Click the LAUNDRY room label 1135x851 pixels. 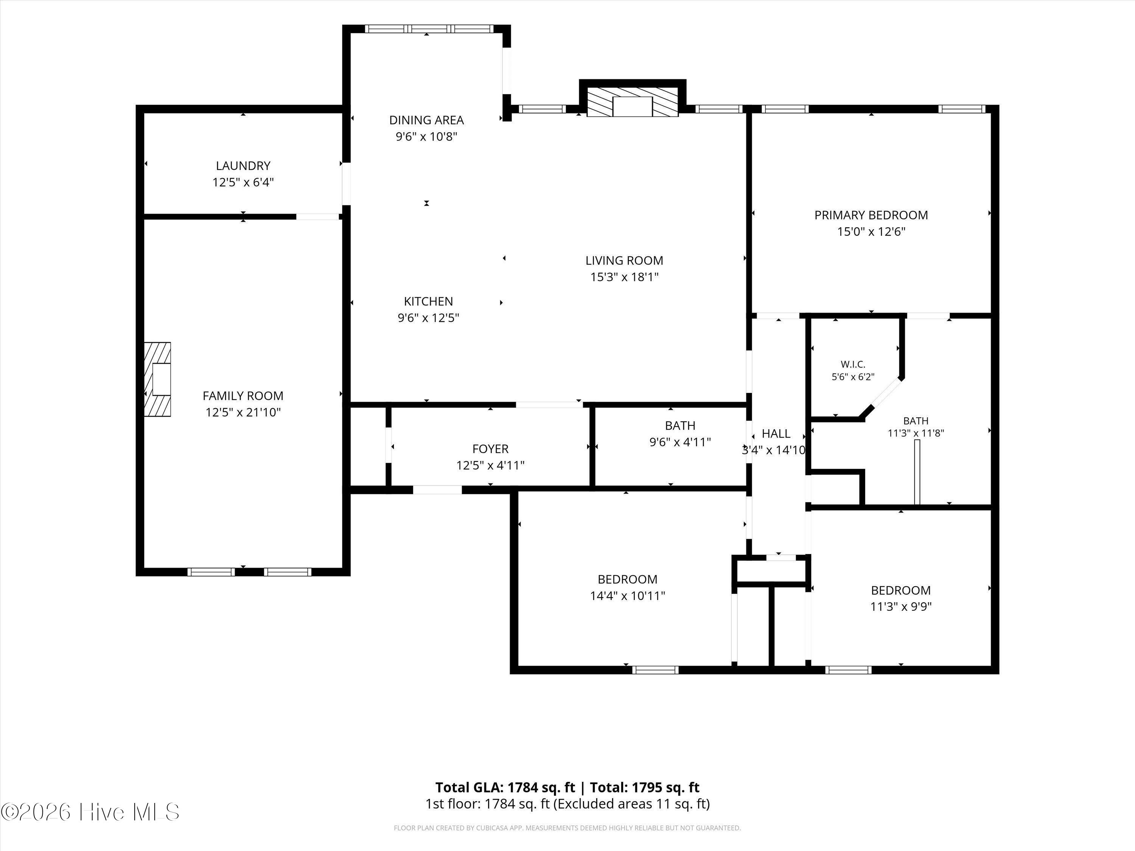coord(243,166)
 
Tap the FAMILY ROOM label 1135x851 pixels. coord(243,396)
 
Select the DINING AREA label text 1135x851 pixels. coord(426,120)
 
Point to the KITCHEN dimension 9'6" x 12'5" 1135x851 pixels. coord(428,318)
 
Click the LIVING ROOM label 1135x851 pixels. coord(625,261)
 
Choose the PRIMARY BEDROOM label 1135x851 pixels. coord(871,215)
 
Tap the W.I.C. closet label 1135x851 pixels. coord(853,364)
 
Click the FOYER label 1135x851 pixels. coord(491,449)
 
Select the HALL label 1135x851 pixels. coord(776,434)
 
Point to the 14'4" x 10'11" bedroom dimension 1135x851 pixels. coord(628,596)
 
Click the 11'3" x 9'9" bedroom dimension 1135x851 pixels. coord(901,607)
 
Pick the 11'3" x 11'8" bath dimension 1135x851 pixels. coord(916,433)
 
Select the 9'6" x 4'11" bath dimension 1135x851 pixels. coord(680,442)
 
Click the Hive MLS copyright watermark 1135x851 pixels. coord(90,812)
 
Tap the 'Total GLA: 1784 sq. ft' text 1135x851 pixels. coord(505,787)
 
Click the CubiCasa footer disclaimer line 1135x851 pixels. coord(567,828)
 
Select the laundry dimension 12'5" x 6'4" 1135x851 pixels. coord(243,182)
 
